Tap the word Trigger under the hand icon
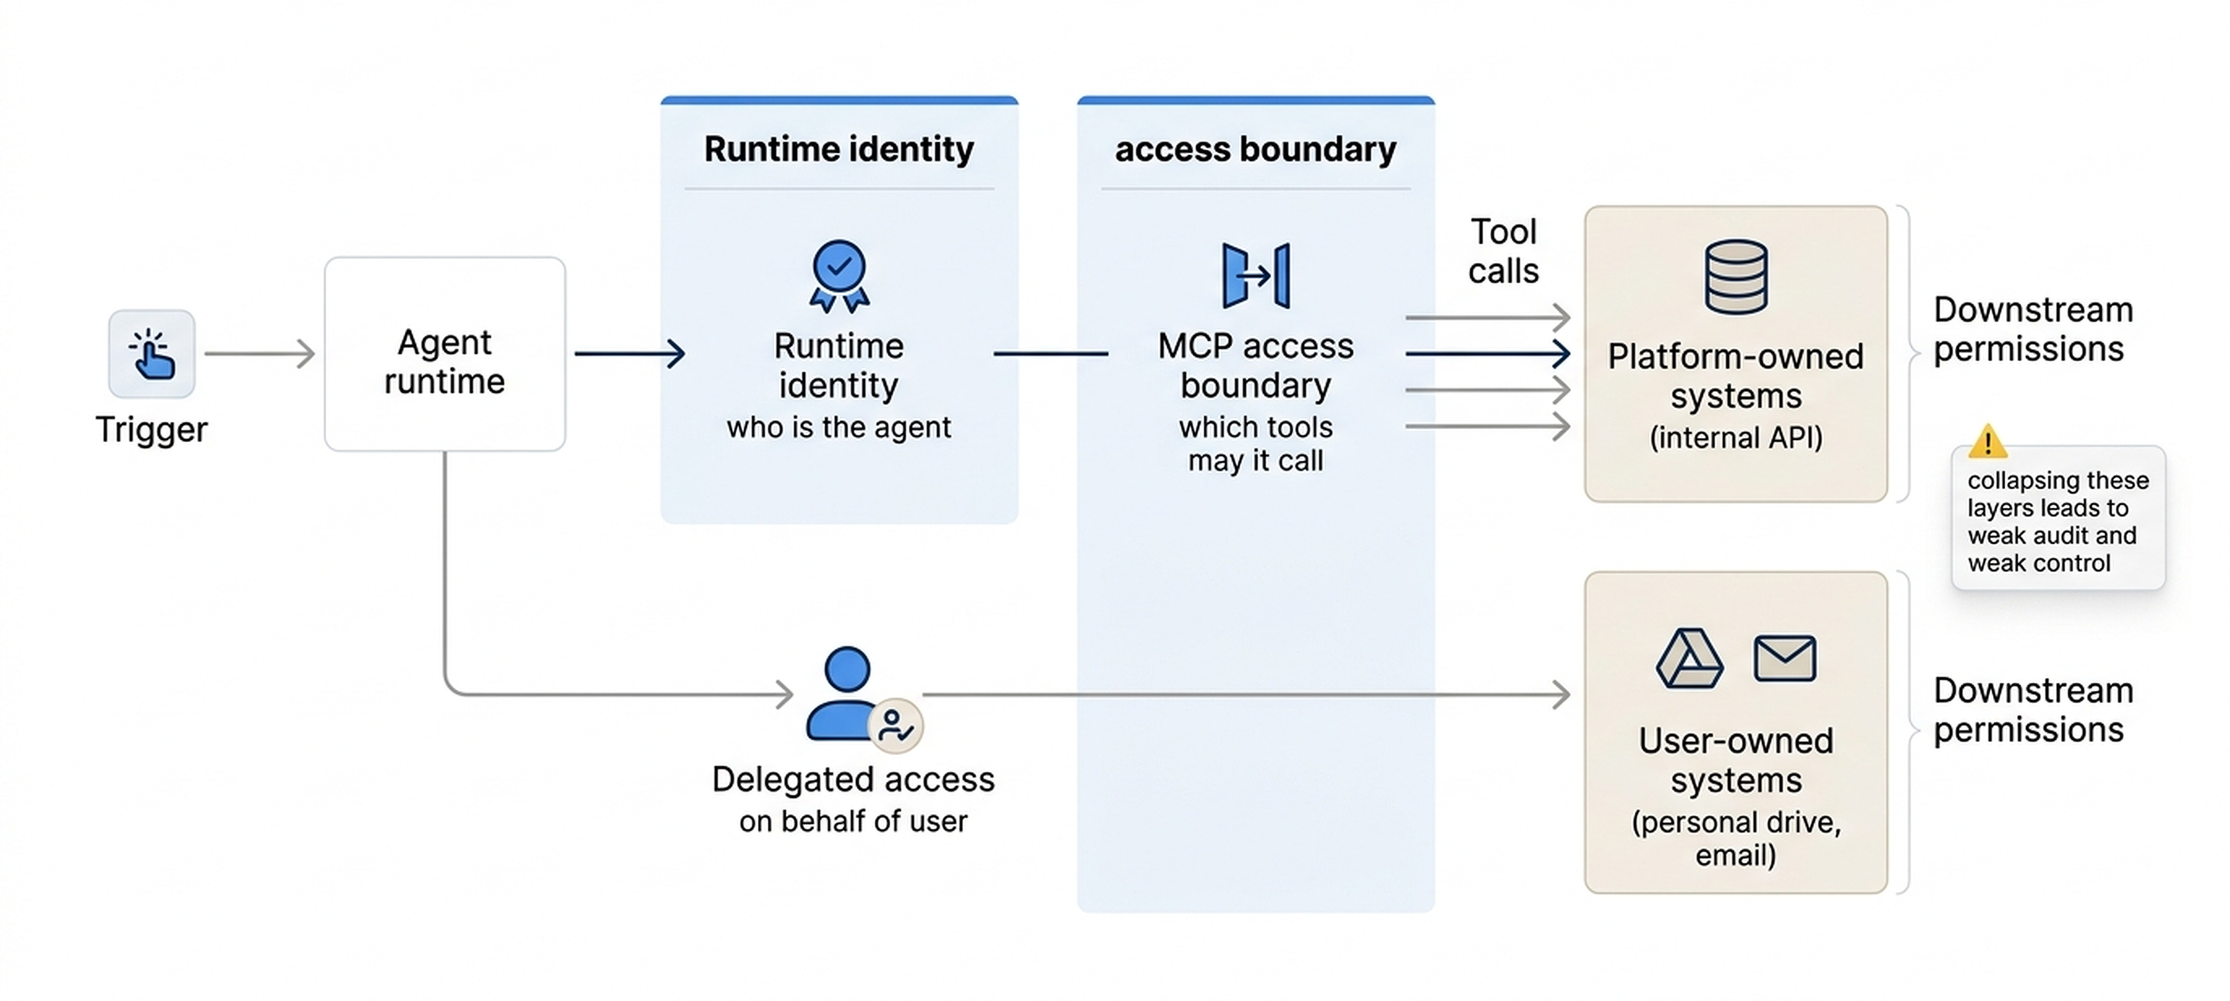(152, 429)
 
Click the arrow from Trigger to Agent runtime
(259, 353)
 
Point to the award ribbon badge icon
(839, 275)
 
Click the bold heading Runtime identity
(838, 149)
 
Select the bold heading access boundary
(1254, 149)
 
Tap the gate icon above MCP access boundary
(1255, 275)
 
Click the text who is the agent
(838, 427)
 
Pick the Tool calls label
(1503, 251)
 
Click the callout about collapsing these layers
(2057, 521)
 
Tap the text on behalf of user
(852, 821)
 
